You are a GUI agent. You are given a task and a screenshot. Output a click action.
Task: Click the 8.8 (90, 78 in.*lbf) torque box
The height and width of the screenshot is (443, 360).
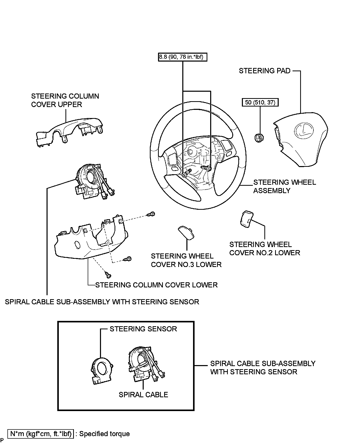click(x=182, y=57)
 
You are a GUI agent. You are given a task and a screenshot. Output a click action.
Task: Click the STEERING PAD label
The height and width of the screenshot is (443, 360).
click(x=264, y=71)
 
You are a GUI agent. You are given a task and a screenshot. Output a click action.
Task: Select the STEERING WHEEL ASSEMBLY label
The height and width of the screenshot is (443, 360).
click(x=284, y=186)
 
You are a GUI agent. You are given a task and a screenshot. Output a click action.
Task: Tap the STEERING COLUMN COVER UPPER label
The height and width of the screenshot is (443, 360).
click(x=65, y=100)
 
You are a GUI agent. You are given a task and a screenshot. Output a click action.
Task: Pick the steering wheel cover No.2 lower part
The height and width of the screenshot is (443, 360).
click(x=245, y=219)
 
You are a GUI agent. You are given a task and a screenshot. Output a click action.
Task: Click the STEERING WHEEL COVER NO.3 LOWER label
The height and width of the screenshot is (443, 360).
click(x=186, y=260)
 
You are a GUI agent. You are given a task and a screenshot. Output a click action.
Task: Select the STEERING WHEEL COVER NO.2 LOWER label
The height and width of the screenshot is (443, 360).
click(x=264, y=249)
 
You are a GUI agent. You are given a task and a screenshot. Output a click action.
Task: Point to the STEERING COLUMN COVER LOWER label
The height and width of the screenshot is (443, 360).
click(x=156, y=285)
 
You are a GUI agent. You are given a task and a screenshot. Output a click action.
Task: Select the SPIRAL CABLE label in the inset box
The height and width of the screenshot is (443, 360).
click(x=143, y=395)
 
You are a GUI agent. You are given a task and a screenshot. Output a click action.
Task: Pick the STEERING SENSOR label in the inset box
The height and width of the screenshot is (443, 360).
click(x=143, y=329)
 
